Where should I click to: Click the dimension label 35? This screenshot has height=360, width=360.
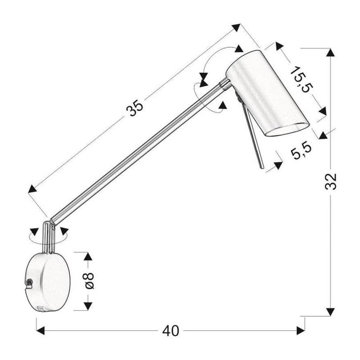pos(135,108)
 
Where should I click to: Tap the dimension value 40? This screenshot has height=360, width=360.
pos(171,331)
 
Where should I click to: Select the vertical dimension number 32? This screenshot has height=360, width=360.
pos(331,181)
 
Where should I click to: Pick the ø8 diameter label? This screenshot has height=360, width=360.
pos(89,280)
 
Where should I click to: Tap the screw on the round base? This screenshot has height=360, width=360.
pos(29,282)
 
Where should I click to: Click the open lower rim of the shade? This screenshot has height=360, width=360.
pos(288,130)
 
